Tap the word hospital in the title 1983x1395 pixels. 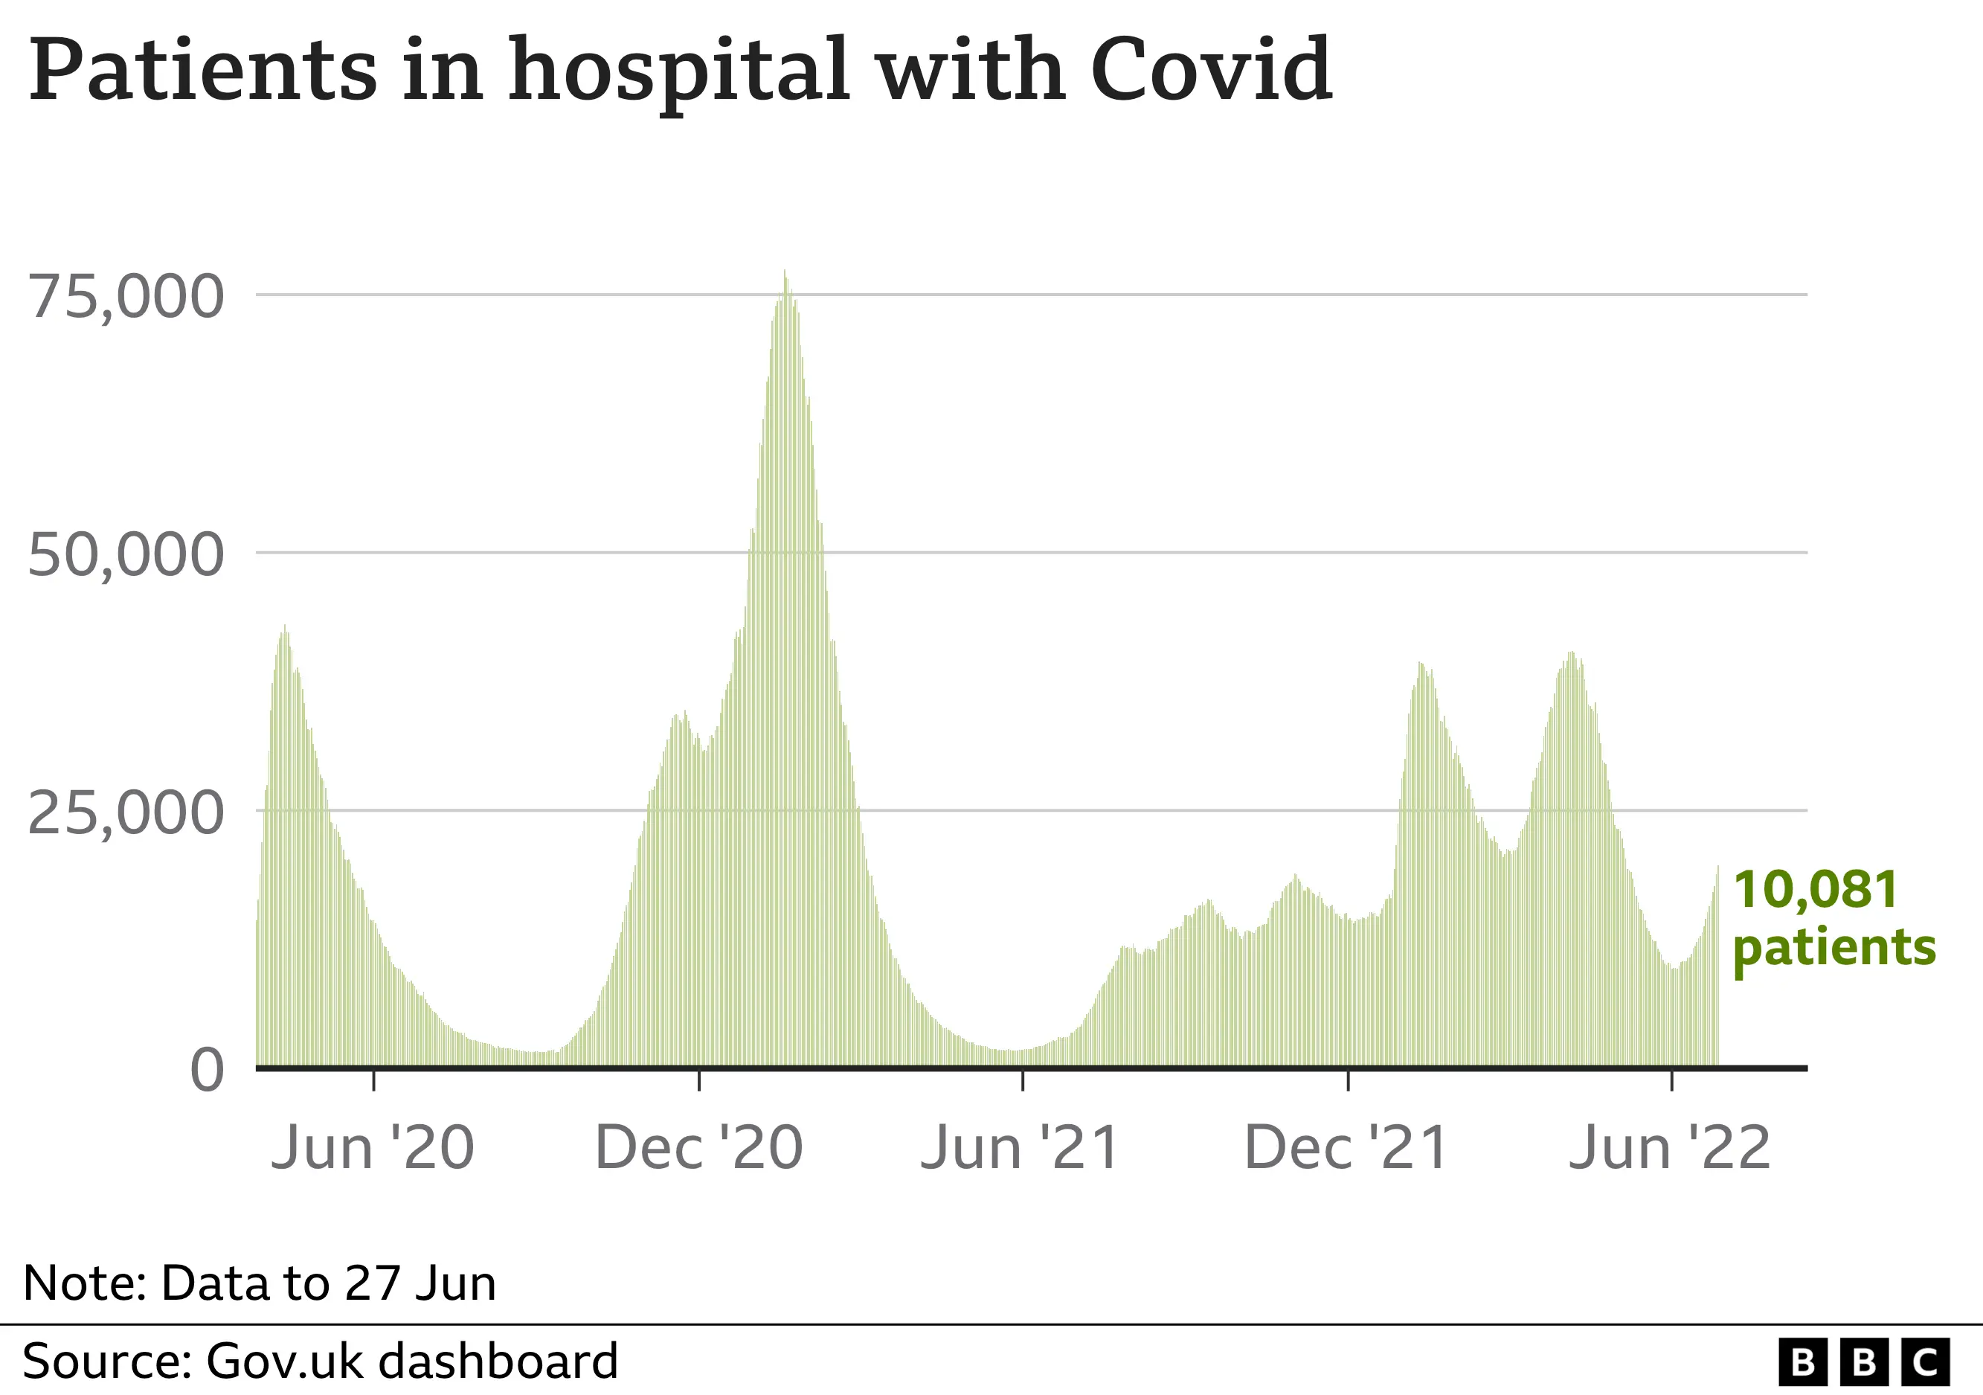click(x=680, y=71)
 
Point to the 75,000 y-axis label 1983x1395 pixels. click(x=126, y=297)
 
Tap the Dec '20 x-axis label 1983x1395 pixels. click(x=698, y=1149)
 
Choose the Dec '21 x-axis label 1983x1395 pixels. click(x=1346, y=1149)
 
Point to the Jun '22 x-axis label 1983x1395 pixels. click(x=1670, y=1149)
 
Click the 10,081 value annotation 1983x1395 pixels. click(x=1816, y=890)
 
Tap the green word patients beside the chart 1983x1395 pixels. click(x=1834, y=948)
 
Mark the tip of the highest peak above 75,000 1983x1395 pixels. click(x=784, y=272)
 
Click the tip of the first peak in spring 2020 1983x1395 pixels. click(x=285, y=626)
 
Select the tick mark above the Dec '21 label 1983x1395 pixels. click(x=1349, y=1080)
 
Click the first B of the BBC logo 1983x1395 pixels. click(x=1802, y=1363)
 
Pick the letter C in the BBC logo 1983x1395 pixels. click(x=1925, y=1363)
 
